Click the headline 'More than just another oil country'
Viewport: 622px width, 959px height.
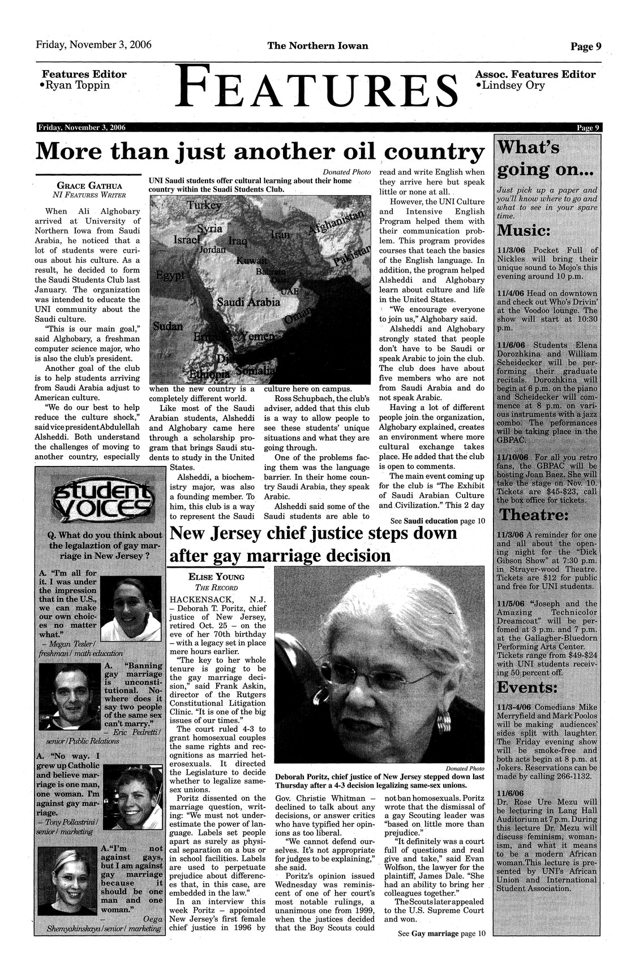click(x=260, y=152)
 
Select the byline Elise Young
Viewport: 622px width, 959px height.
click(x=217, y=577)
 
